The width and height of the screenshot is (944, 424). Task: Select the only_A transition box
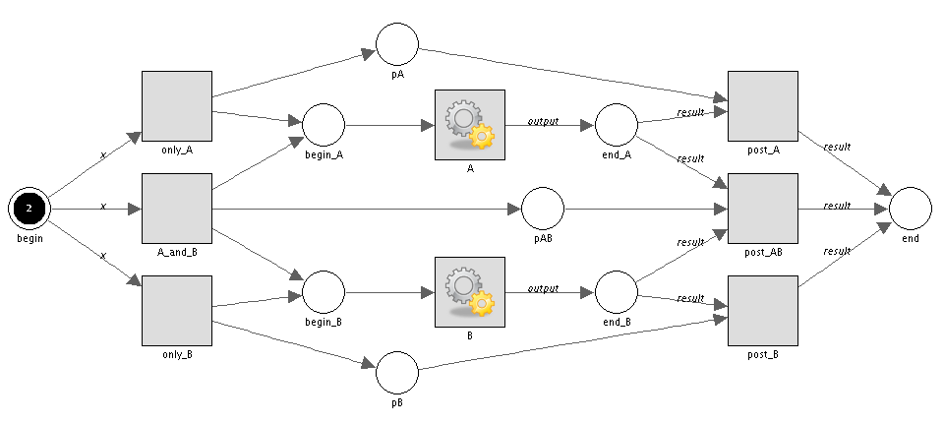[x=177, y=106]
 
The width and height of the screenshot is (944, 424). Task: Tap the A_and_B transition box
[x=177, y=209]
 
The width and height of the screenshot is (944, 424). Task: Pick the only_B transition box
[x=177, y=311]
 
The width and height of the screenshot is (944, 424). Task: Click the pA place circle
[x=397, y=43]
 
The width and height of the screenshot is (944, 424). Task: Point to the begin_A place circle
[x=324, y=125]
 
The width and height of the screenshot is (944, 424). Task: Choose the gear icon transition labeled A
[x=469, y=125]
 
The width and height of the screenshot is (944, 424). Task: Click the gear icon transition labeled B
[x=469, y=292]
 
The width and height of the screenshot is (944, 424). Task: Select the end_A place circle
[x=617, y=125]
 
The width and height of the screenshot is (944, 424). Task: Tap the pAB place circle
[x=543, y=209]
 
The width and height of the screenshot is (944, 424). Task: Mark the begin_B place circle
[x=324, y=292]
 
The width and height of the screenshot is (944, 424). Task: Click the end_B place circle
[x=617, y=292]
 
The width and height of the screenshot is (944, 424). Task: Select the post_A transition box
[x=763, y=106]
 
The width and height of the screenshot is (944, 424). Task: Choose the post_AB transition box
[x=763, y=209]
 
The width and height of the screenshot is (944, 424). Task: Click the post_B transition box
[x=763, y=311]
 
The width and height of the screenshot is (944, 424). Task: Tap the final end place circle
[x=911, y=209]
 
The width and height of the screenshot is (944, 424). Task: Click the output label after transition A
[x=543, y=122]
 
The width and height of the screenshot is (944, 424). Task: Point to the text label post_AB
[x=763, y=252]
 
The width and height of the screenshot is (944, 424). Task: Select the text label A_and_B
[x=178, y=252]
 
